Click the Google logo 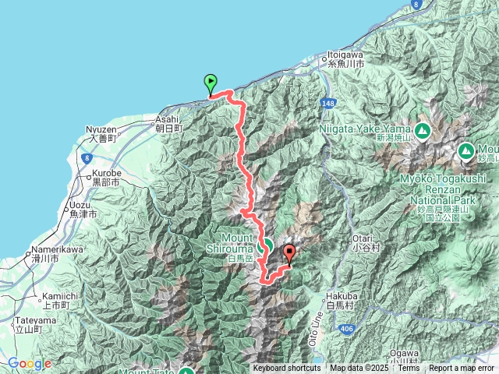29,364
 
